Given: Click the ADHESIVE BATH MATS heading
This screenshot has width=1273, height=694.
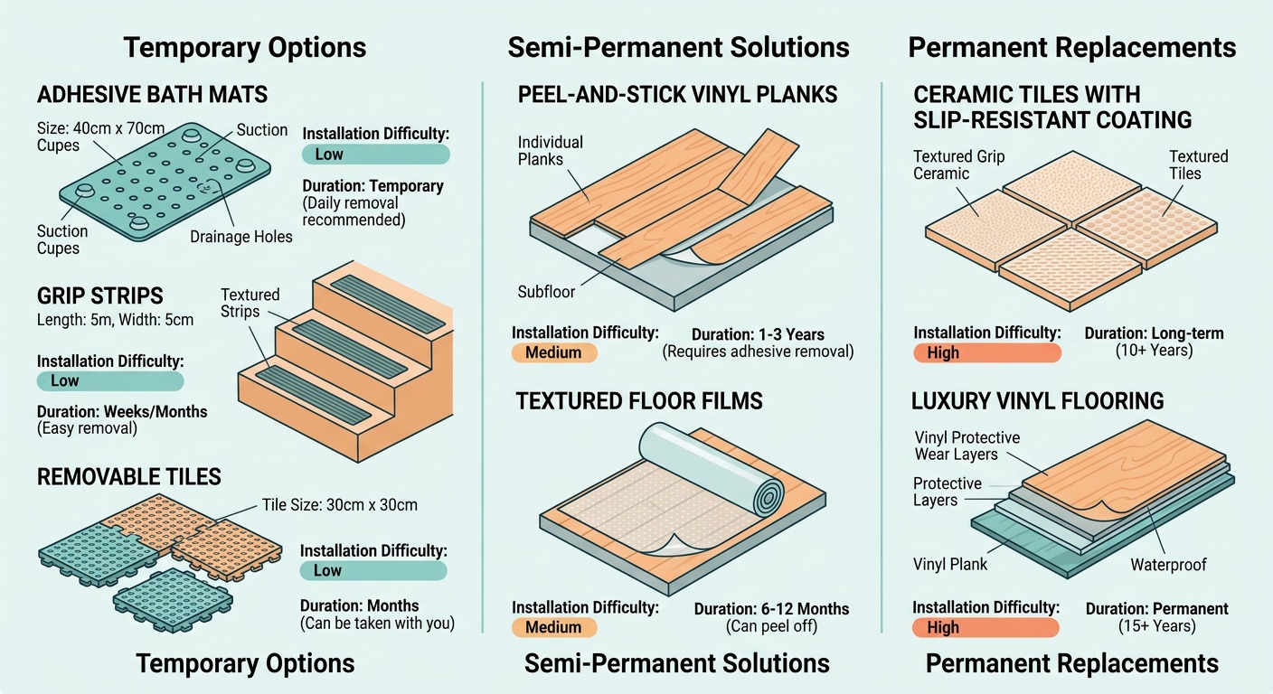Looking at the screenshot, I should tap(152, 94).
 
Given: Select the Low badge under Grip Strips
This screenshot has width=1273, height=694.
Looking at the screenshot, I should tap(109, 380).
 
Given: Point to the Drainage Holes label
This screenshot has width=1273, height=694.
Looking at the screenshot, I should tap(241, 237).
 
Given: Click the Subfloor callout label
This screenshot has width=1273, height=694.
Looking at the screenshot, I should tap(546, 292).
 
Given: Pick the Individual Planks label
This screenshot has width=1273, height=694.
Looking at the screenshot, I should tap(550, 151).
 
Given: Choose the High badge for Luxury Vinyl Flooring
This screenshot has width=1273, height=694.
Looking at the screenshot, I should tap(985, 628).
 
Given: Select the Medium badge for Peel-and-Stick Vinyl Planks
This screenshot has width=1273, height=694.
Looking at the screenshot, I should tap(553, 352).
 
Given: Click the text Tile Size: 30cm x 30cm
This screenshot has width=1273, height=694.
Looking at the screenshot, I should tap(339, 504).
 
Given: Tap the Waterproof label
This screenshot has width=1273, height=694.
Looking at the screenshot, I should tap(1168, 565).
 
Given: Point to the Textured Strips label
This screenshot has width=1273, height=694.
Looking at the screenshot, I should tap(250, 303).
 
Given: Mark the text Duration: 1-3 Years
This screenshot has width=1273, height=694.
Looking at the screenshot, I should tap(757, 333).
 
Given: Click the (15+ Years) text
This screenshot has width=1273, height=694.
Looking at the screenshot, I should tap(1156, 626).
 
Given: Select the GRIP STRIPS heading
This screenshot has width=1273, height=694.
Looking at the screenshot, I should tap(100, 295).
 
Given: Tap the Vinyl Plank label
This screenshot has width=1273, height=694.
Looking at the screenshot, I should tap(950, 565).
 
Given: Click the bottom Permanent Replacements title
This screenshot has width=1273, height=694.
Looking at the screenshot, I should tap(1071, 664).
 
